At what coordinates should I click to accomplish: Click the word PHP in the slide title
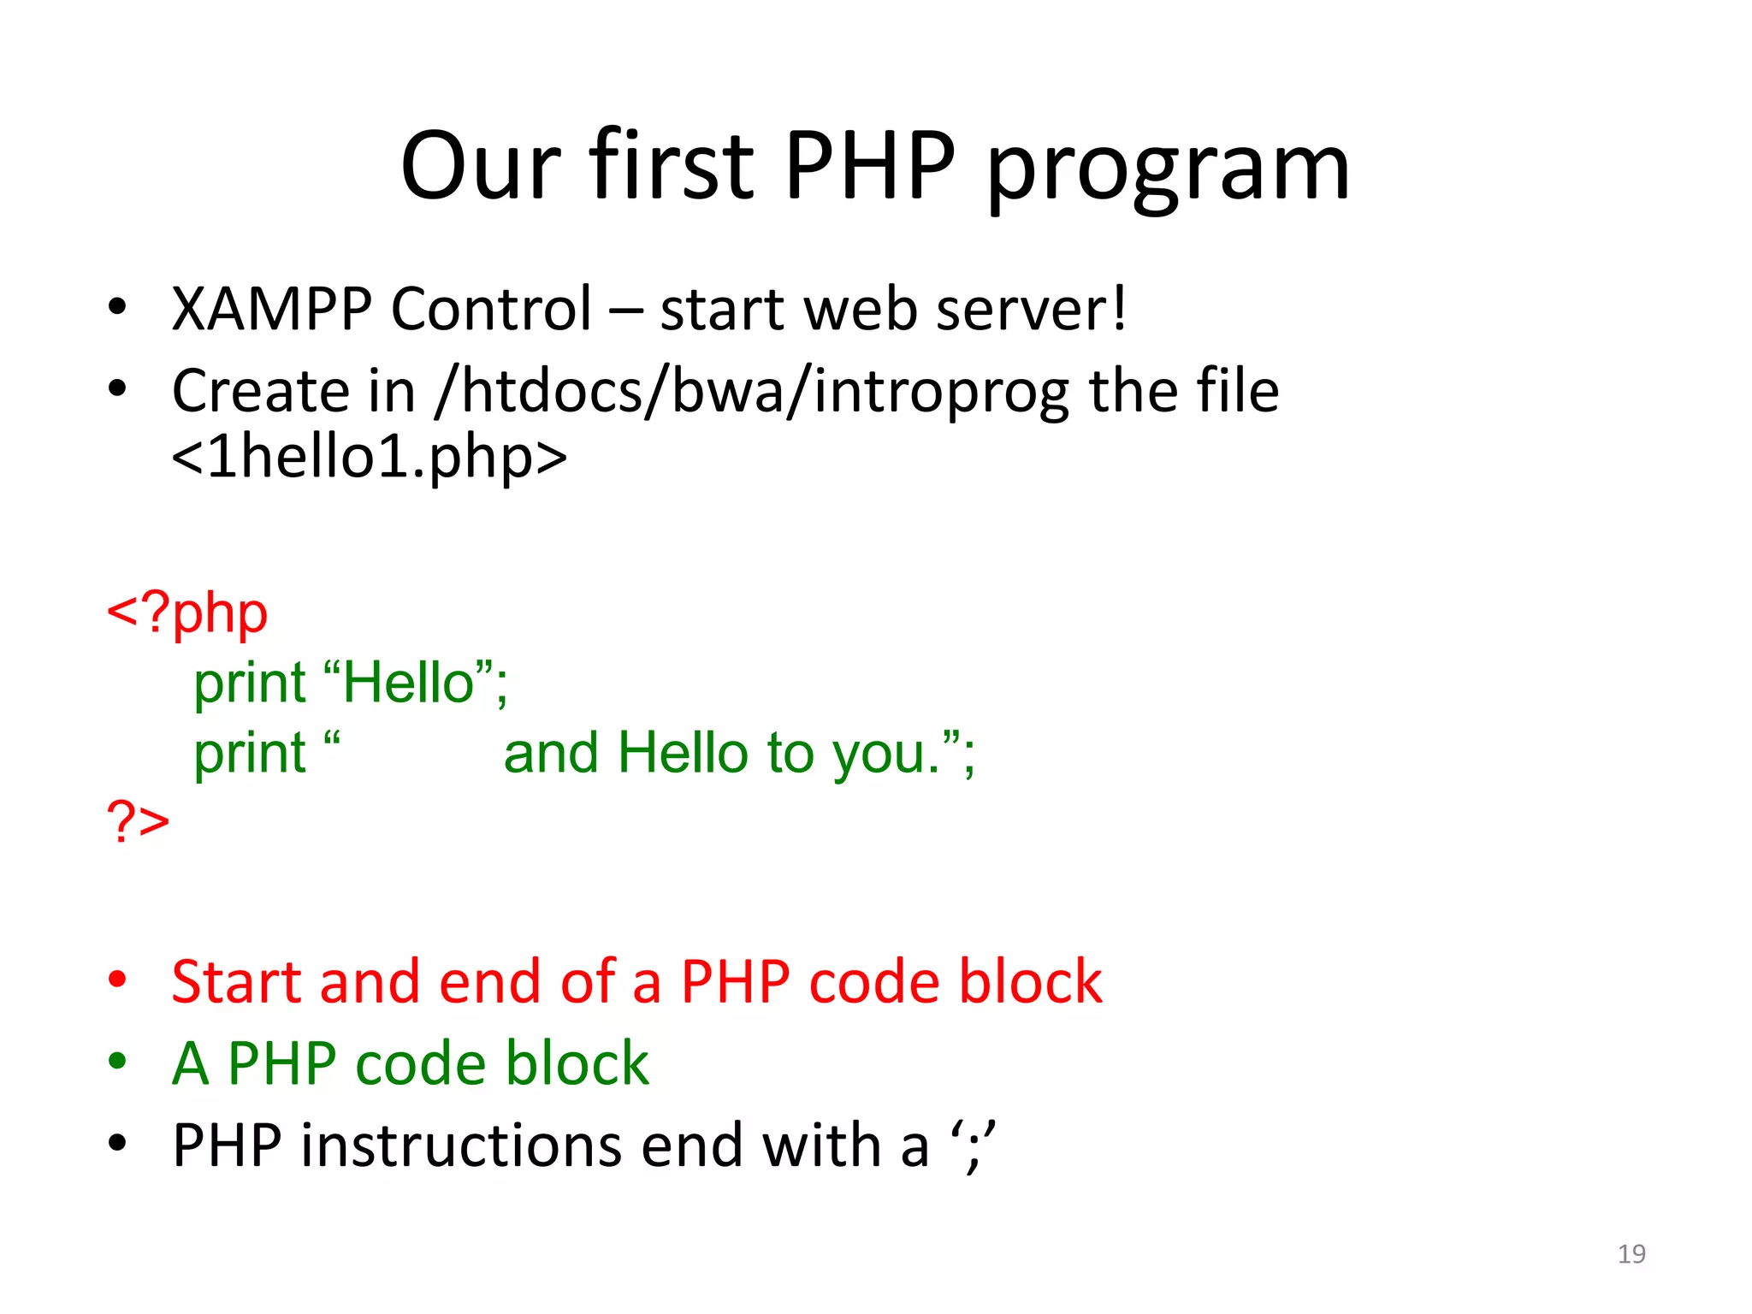pos(868,167)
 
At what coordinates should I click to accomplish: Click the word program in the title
pos(1168,171)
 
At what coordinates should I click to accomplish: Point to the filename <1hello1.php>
pos(369,457)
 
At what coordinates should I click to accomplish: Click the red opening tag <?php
pos(186,613)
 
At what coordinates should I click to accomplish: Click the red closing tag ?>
pos(138,821)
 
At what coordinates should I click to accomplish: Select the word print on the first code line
pos(249,684)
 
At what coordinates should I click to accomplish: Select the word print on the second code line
pos(249,754)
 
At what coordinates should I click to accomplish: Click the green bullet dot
pos(118,1062)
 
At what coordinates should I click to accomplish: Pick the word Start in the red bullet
pos(236,981)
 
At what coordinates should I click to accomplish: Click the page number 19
pos(1631,1253)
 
